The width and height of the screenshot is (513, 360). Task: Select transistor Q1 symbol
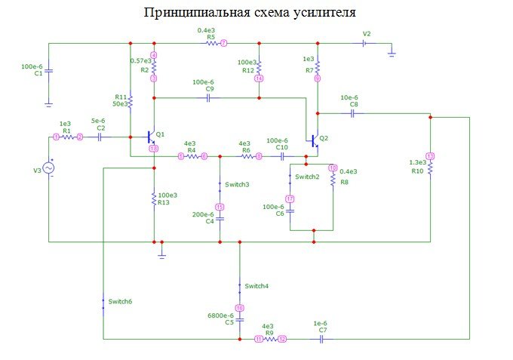coord(151,137)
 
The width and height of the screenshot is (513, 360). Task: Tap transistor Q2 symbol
coord(315,140)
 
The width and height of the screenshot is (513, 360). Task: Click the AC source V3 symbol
coord(49,168)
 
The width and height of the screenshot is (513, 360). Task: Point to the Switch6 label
coord(121,301)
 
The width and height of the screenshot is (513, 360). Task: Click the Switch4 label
coord(256,286)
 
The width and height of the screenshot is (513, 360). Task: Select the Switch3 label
coord(237,184)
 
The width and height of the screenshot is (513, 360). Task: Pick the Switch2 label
coord(307,177)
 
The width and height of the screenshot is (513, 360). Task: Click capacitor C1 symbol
coord(49,72)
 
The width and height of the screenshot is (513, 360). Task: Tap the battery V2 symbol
coord(365,44)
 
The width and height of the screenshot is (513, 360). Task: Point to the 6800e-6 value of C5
coord(220,315)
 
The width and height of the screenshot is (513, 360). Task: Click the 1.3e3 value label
coord(417,162)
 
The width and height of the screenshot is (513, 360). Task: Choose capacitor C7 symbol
coord(322,340)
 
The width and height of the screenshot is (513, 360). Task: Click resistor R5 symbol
coord(210,44)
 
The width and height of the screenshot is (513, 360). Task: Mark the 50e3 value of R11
coord(120,104)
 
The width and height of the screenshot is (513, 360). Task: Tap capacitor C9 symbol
coord(208,97)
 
